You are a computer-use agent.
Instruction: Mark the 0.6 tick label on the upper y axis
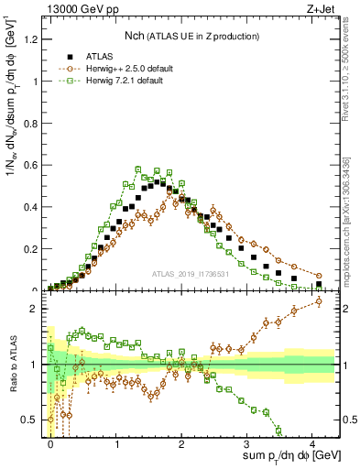tap(36, 165)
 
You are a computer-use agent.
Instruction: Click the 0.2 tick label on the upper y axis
tap(36, 248)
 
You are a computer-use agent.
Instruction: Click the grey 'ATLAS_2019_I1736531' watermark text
tap(189, 276)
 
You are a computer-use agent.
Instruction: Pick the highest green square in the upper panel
tap(137, 169)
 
